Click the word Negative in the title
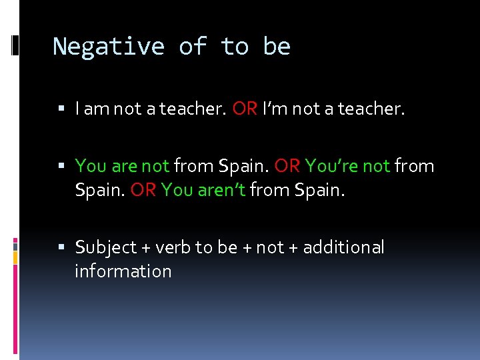coord(109,47)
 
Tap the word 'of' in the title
coord(193,47)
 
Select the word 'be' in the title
coord(277,47)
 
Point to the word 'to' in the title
coord(235,47)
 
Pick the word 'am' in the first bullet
coord(97,109)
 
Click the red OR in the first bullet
coord(245,109)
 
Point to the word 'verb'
coord(173,248)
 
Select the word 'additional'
coord(343,248)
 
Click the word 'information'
coord(123,271)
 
